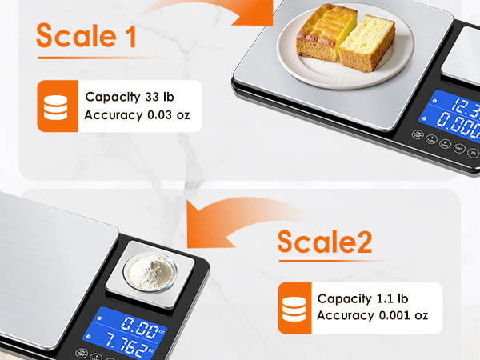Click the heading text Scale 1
pyautogui.click(x=86, y=36)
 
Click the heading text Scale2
pyautogui.click(x=324, y=241)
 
